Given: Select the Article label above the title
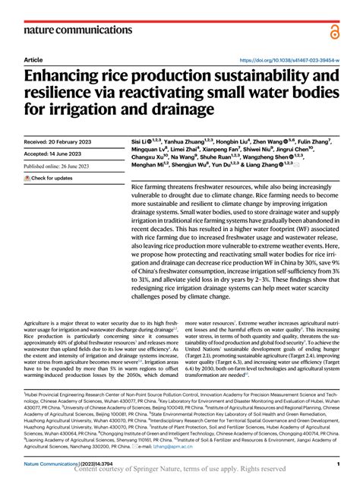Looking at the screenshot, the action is coord(33,59).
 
